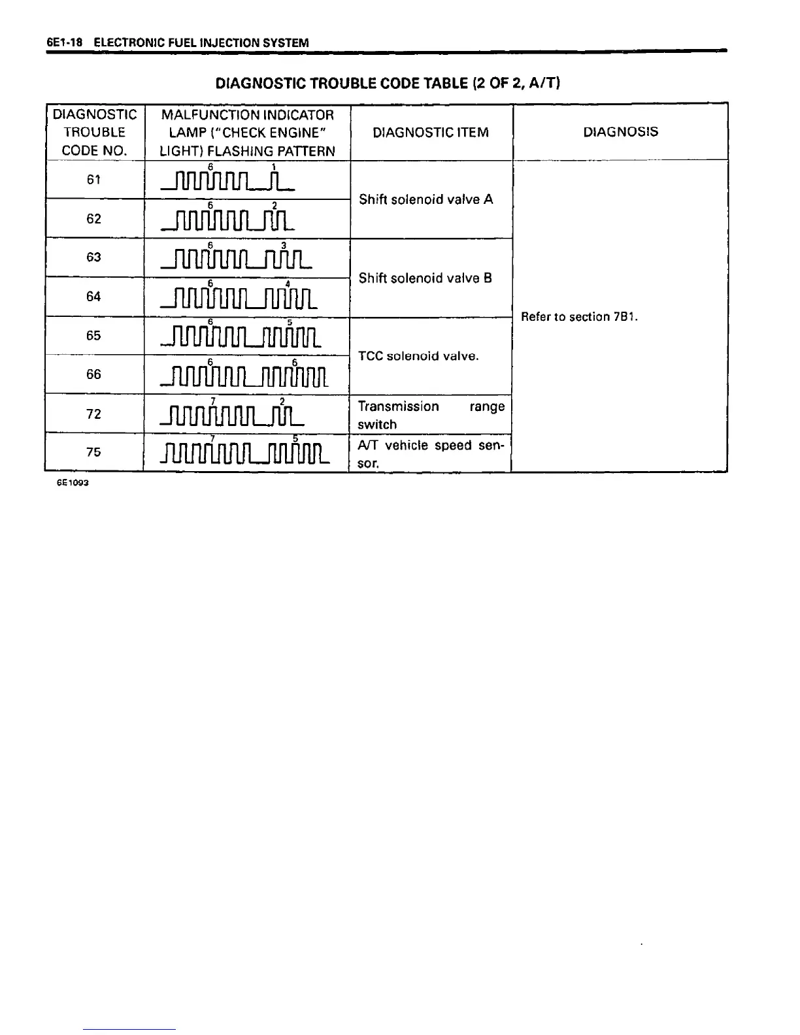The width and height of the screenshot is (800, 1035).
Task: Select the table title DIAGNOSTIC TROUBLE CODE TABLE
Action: tap(388, 84)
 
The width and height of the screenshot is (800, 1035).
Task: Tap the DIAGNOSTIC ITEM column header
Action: tap(430, 133)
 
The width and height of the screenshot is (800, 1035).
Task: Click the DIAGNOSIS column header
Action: tap(620, 132)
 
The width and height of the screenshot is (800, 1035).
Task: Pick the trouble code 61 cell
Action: tap(94, 180)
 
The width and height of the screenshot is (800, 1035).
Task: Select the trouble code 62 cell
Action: tap(94, 218)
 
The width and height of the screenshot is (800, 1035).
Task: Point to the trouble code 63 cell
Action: tap(94, 257)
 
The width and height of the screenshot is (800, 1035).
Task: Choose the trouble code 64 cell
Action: tap(94, 297)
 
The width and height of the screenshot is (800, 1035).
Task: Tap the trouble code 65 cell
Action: tap(94, 335)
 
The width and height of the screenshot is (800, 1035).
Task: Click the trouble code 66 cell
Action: tap(94, 374)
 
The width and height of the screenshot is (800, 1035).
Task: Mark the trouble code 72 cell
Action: tap(94, 414)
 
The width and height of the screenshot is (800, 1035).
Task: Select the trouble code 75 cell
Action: tap(94, 452)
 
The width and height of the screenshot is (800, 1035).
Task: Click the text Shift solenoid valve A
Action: tap(425, 199)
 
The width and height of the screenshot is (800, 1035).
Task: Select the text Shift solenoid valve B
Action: tap(425, 278)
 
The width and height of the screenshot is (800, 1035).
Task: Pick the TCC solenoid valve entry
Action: tap(418, 356)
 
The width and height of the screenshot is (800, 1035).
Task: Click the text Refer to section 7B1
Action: tap(579, 317)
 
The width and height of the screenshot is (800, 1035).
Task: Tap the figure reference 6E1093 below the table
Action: tap(72, 483)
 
